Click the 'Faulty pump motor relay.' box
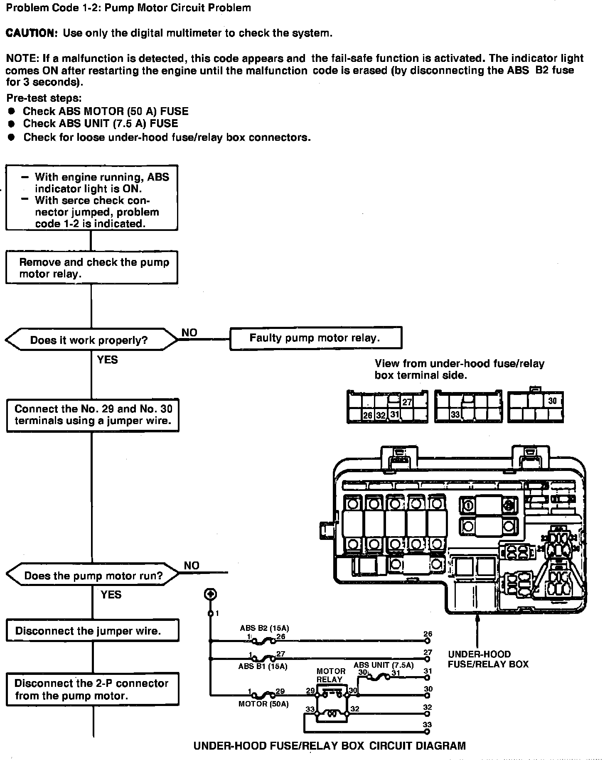[x=315, y=338]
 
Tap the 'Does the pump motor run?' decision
[x=93, y=576]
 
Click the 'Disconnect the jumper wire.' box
[x=92, y=631]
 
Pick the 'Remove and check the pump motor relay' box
[x=91, y=267]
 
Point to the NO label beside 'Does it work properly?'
[x=189, y=333]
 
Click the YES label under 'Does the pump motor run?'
[x=111, y=595]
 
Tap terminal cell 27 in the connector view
[x=407, y=402]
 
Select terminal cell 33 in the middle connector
[x=455, y=414]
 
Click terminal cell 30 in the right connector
[x=552, y=401]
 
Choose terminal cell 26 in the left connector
[x=368, y=415]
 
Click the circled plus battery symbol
[x=210, y=594]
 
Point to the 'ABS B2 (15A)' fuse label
[x=264, y=628]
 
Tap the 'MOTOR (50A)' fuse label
[x=263, y=704]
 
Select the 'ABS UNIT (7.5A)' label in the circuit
[x=384, y=665]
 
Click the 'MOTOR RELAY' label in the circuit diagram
[x=331, y=675]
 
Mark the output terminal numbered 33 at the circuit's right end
[x=427, y=731]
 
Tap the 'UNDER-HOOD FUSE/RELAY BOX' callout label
[x=488, y=659]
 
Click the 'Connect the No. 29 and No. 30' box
[x=93, y=414]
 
